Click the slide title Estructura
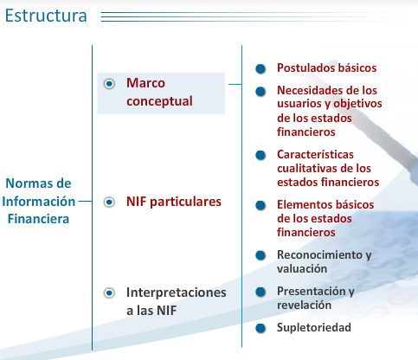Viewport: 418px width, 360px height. pyautogui.click(x=46, y=16)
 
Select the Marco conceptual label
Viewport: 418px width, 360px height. pyautogui.click(x=158, y=92)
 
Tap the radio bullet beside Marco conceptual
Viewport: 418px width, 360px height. pyautogui.click(x=109, y=84)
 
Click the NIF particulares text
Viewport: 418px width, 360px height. pyautogui.click(x=174, y=202)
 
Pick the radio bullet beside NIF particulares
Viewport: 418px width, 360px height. pyautogui.click(x=109, y=202)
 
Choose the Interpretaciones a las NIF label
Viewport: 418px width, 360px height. pyautogui.click(x=176, y=301)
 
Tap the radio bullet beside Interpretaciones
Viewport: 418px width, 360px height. pyautogui.click(x=109, y=293)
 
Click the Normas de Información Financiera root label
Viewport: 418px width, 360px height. pyautogui.click(x=38, y=201)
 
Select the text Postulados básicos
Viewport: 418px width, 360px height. pyautogui.click(x=326, y=67)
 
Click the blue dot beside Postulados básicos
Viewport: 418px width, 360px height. pyautogui.click(x=260, y=68)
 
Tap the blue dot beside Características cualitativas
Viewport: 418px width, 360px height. pyautogui.click(x=260, y=155)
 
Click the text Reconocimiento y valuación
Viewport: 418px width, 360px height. pyautogui.click(x=323, y=261)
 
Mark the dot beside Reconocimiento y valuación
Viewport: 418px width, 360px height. pyautogui.click(x=260, y=255)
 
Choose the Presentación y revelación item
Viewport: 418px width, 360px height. pyautogui.click(x=315, y=298)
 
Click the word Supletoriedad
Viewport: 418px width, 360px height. pyautogui.click(x=314, y=328)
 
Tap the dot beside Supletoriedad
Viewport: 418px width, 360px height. pyautogui.click(x=260, y=328)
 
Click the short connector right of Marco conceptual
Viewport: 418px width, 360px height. pyautogui.click(x=235, y=85)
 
